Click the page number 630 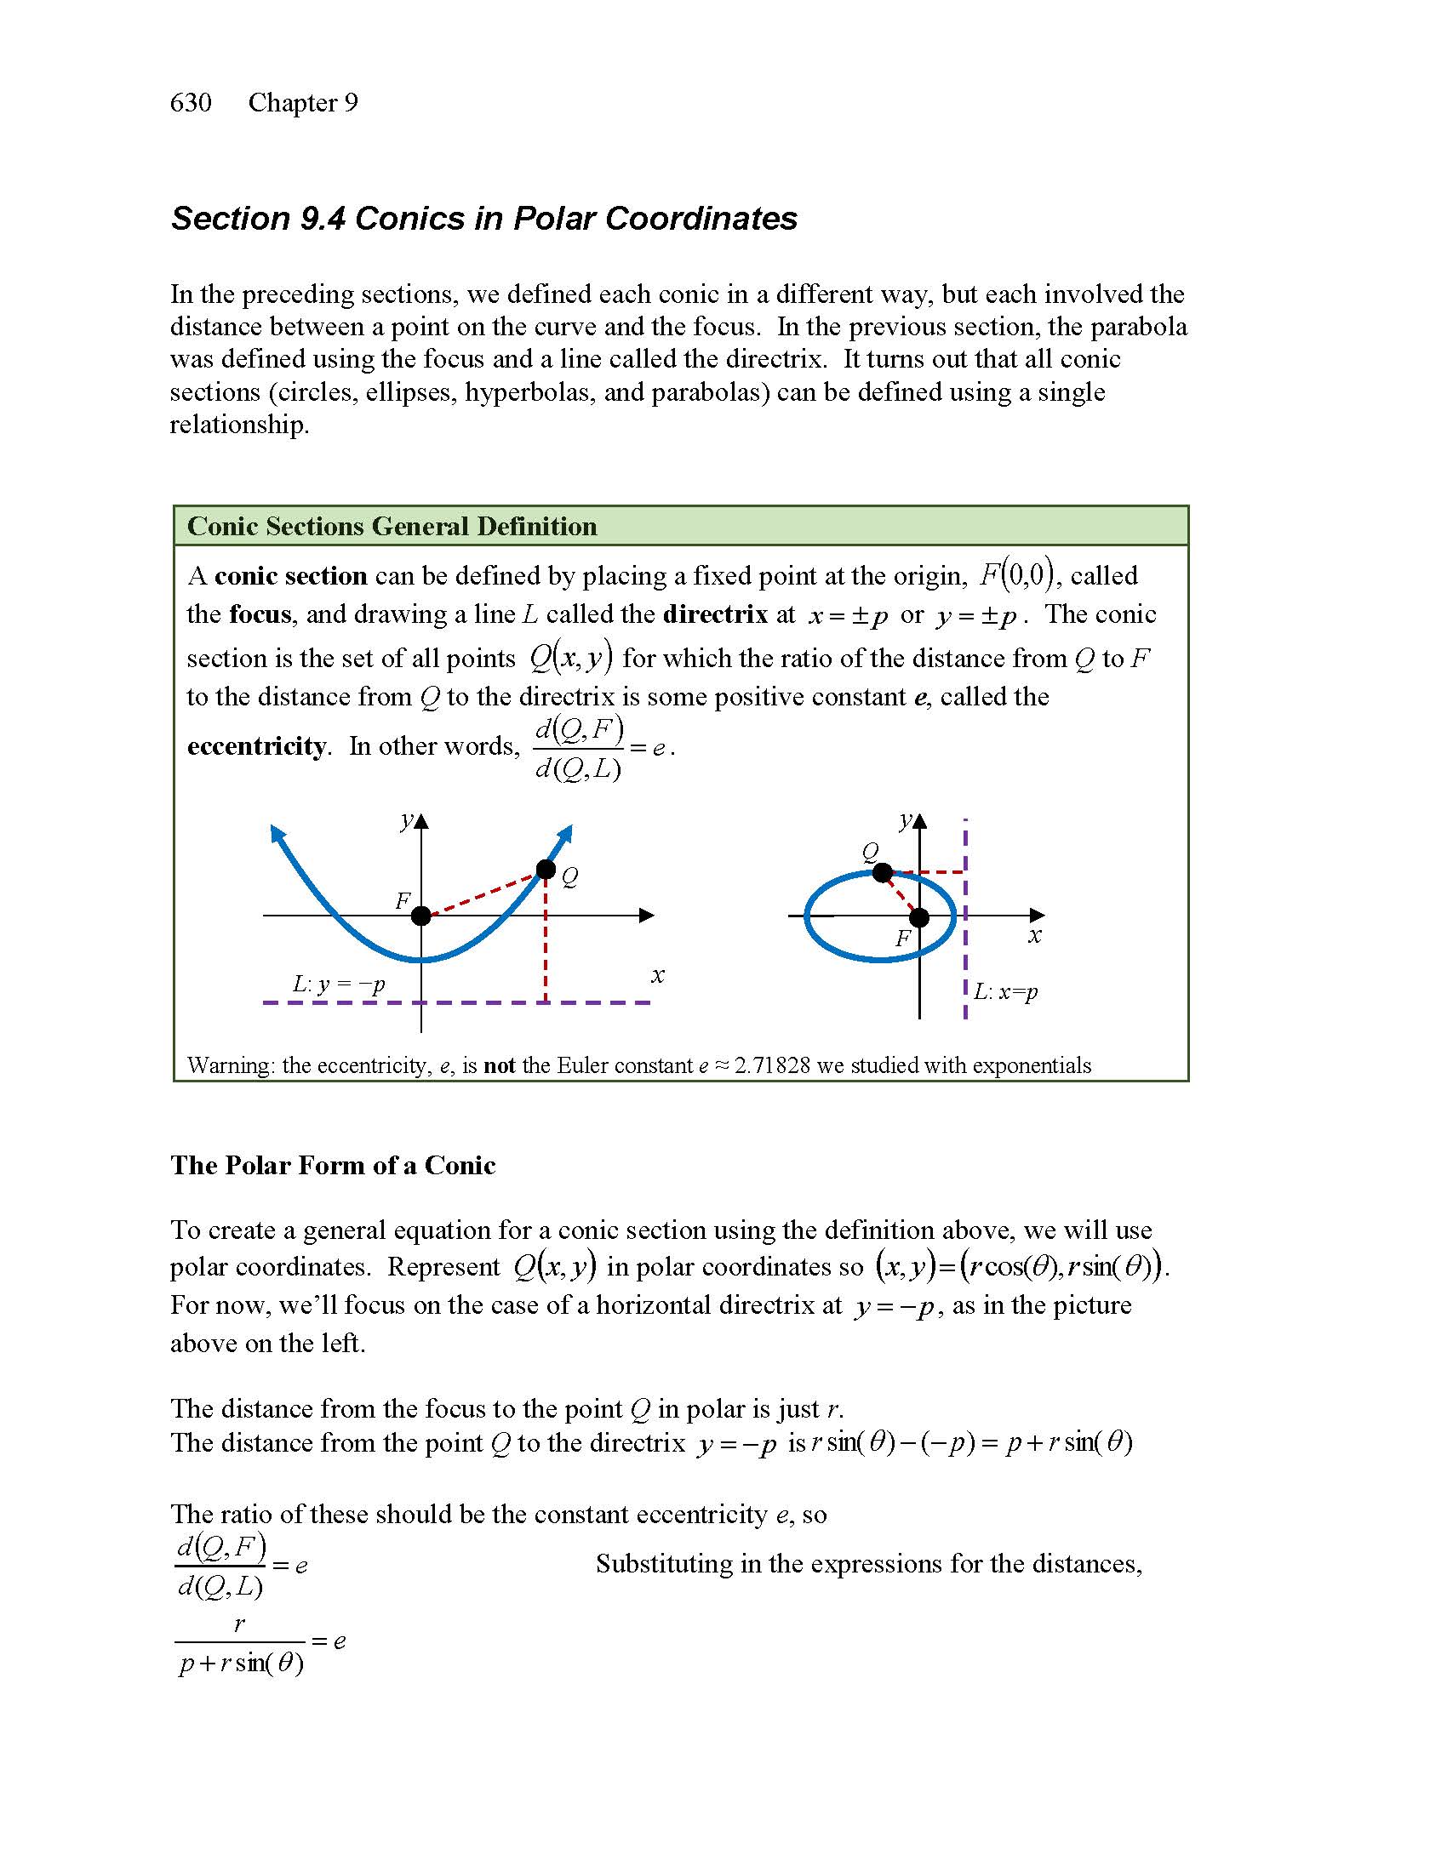(x=191, y=103)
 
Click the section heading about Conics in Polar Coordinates (x=483, y=219)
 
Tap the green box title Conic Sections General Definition (x=392, y=526)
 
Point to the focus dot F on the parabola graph (x=420, y=916)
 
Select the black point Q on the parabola (x=546, y=870)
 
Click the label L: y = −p (x=339, y=983)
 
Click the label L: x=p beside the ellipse (x=1005, y=991)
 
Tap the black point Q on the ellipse (x=883, y=872)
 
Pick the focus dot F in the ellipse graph (x=919, y=918)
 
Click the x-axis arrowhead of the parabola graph (x=647, y=916)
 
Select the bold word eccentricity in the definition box (x=256, y=746)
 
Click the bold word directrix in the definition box (x=716, y=614)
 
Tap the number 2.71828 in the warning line (x=771, y=1065)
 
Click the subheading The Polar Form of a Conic (x=333, y=1165)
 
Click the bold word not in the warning (x=499, y=1065)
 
